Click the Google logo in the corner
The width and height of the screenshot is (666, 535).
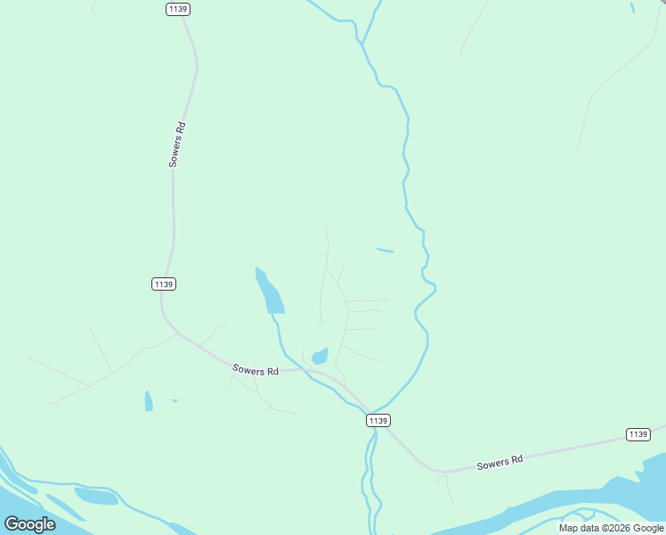coord(29,524)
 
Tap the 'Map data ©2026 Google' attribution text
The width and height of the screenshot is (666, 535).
coord(611,528)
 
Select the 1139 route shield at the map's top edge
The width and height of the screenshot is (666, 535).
coord(178,8)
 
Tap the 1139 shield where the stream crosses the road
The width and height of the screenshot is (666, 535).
coord(378,420)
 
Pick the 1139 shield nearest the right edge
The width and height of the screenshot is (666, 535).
coord(638,434)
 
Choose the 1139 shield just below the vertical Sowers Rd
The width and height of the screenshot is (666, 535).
coord(163,284)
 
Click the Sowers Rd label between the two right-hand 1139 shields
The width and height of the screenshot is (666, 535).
coord(499,462)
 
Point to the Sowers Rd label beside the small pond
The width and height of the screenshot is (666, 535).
coord(256,369)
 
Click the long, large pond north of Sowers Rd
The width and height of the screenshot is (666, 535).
coord(271,292)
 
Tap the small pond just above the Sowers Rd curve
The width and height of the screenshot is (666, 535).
coord(320,356)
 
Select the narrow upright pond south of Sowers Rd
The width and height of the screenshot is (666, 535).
coord(149,401)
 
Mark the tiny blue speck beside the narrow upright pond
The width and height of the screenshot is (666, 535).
coord(175,400)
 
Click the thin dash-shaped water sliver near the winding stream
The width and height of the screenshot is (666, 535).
coord(385,250)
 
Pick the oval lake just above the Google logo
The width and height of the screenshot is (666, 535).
coord(95,496)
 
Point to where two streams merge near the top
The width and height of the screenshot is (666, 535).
coord(362,41)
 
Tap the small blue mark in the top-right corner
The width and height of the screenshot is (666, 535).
coord(633,8)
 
